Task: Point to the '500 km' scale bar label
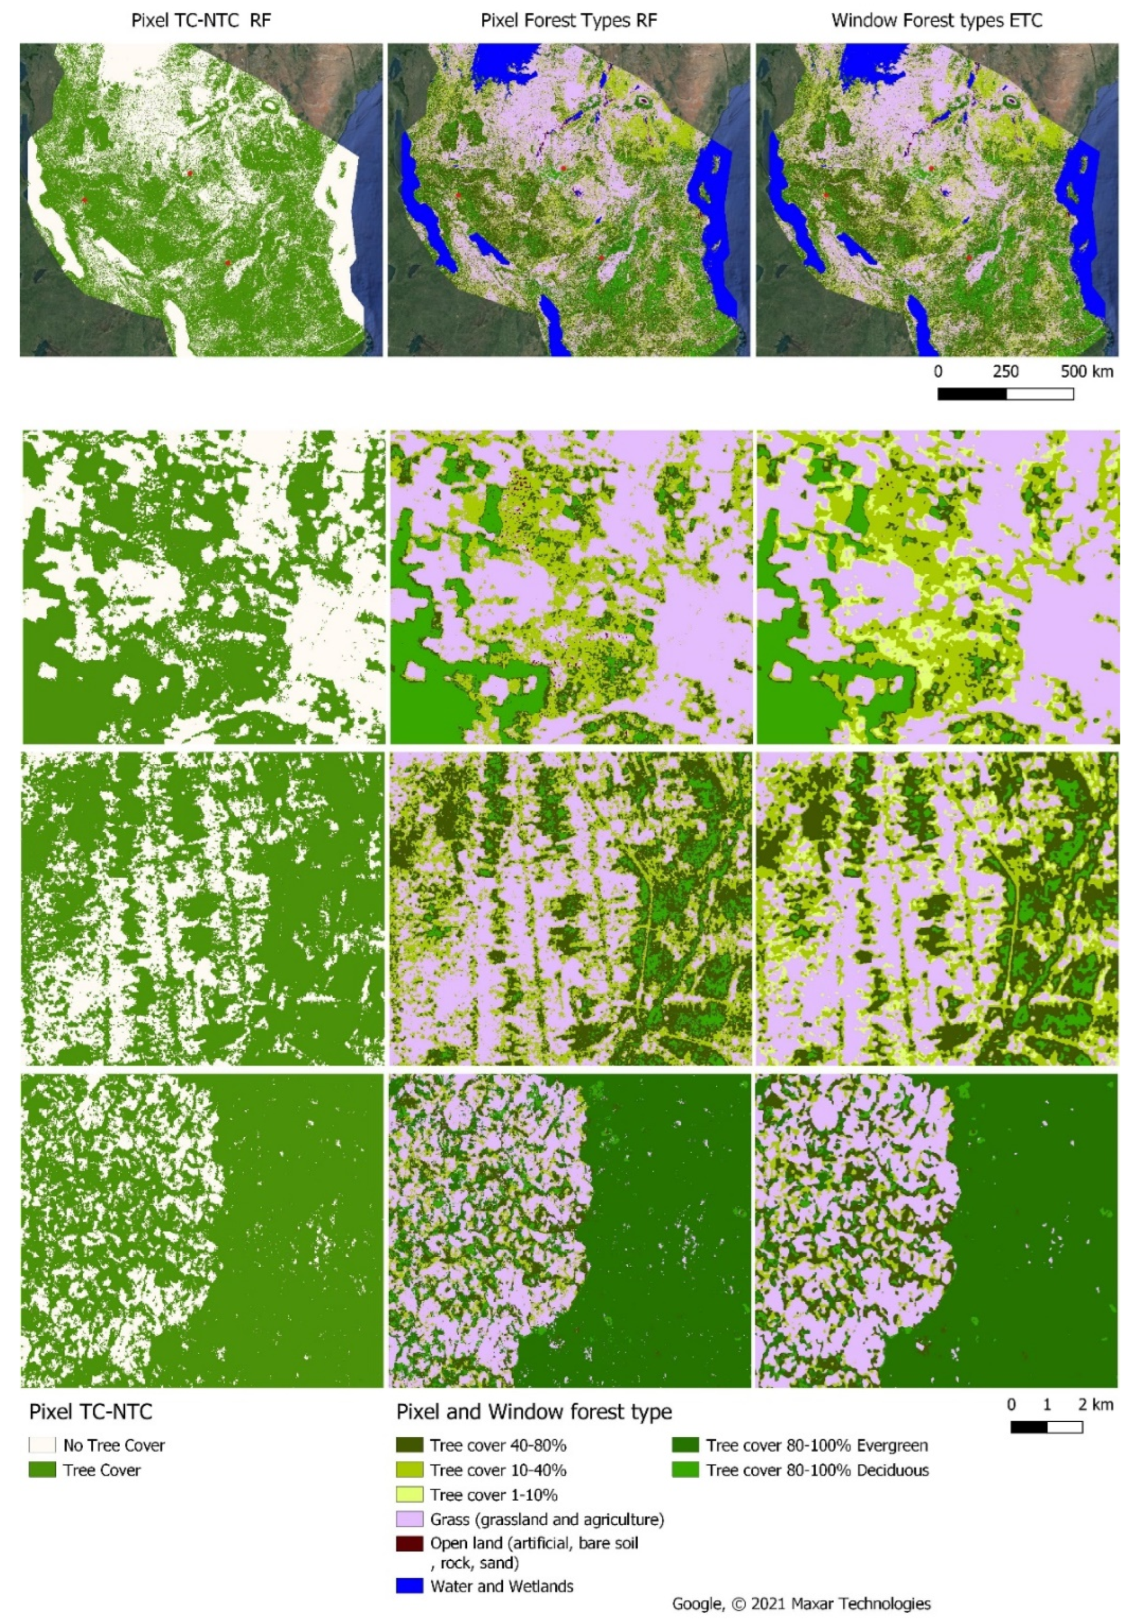pyautogui.click(x=1086, y=372)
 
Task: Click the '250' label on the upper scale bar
pyautogui.click(x=1005, y=372)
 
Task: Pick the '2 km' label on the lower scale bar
pyautogui.click(x=1095, y=1405)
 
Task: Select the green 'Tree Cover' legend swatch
pyautogui.click(x=42, y=1470)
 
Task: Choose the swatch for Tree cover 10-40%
pyautogui.click(x=409, y=1470)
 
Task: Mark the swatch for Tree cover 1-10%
pyautogui.click(x=409, y=1495)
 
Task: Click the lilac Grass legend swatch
pyautogui.click(x=409, y=1519)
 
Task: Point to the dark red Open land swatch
pyautogui.click(x=409, y=1543)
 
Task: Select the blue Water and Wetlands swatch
pyautogui.click(x=409, y=1586)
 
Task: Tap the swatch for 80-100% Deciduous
pyautogui.click(x=685, y=1470)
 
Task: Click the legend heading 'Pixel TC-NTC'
pyautogui.click(x=90, y=1412)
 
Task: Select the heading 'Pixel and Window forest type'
pyautogui.click(x=534, y=1412)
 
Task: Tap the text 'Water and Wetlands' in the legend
pyautogui.click(x=501, y=1586)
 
